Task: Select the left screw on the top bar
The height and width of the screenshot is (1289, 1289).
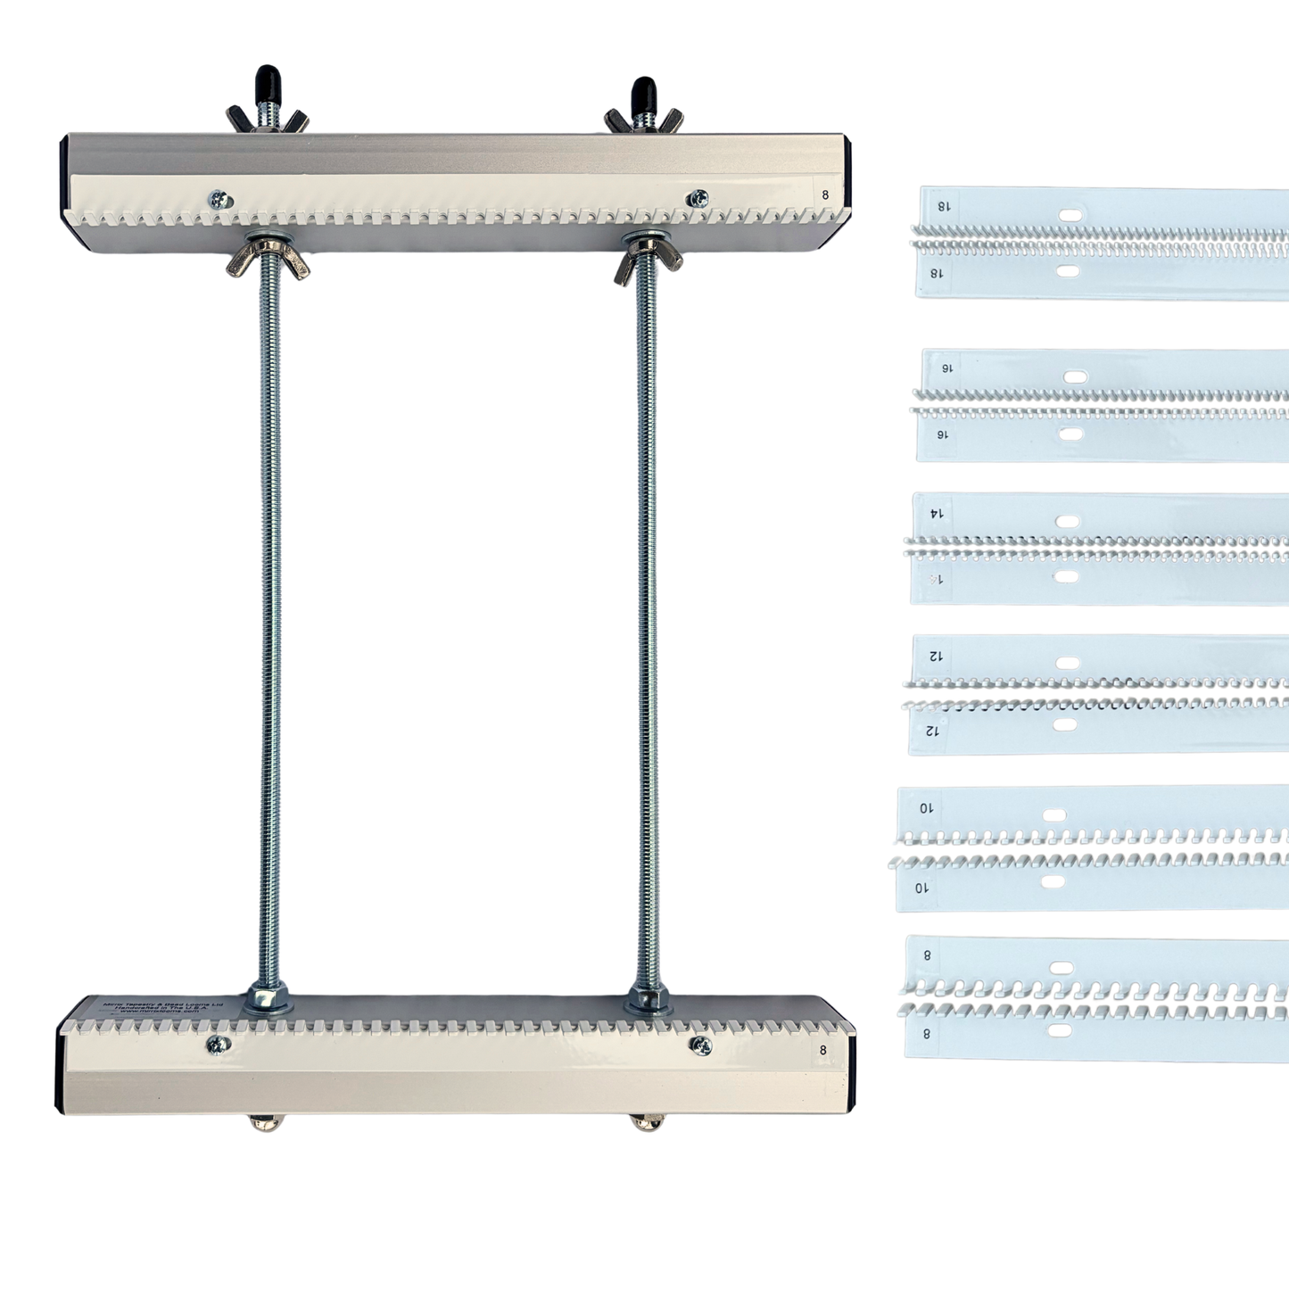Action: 217,201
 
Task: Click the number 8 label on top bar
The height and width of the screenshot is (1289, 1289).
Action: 824,192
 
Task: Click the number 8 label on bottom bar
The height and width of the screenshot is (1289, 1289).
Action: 822,1050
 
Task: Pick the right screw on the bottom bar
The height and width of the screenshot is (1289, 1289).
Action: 702,1044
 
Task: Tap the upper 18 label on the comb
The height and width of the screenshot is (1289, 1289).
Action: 943,205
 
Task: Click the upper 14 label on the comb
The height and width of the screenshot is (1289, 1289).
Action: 936,513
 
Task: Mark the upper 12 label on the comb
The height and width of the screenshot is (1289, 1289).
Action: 934,656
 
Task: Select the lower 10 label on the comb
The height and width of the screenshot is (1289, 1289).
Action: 922,888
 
